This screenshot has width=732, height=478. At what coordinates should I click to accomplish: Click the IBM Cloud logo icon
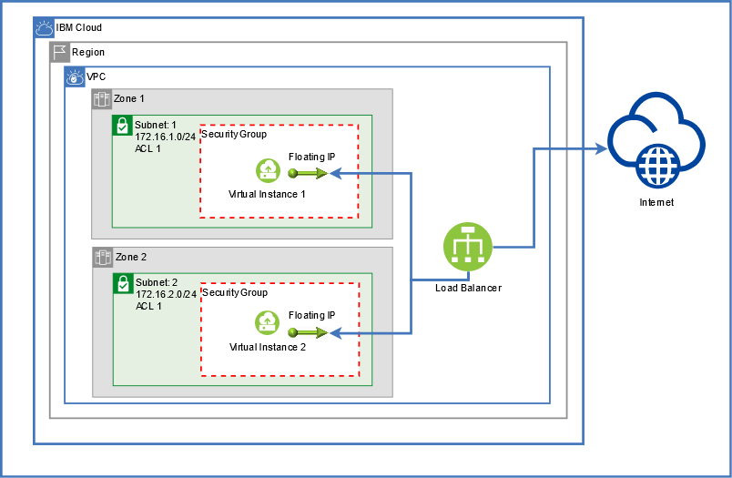click(45, 28)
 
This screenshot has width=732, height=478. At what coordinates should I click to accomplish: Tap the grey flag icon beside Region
click(60, 52)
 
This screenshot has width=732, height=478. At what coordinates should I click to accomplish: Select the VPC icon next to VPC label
click(75, 77)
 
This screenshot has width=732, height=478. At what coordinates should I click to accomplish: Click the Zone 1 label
click(129, 98)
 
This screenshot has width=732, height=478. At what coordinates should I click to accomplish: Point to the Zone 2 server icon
click(103, 257)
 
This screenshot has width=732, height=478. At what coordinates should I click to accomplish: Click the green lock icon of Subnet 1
click(122, 125)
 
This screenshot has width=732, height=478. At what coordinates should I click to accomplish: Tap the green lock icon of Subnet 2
click(123, 283)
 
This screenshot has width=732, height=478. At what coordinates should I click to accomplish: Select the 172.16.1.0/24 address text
click(166, 137)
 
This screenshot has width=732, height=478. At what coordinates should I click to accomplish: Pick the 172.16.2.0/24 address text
click(167, 295)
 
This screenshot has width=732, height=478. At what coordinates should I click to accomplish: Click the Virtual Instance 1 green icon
click(268, 170)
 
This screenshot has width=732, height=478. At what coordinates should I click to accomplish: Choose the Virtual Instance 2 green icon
click(268, 322)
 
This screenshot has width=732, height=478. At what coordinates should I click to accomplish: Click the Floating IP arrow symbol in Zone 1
click(308, 174)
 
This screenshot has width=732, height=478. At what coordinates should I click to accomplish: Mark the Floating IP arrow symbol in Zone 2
click(308, 332)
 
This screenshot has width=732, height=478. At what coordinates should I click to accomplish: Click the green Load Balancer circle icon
click(468, 247)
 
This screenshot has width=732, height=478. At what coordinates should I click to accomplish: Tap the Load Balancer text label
click(468, 288)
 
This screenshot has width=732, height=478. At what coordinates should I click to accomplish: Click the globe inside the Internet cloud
click(658, 165)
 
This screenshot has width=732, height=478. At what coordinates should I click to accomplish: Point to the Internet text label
click(656, 202)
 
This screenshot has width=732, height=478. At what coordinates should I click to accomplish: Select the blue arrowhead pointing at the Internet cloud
click(601, 149)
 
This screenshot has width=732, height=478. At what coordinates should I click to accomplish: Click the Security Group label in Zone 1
click(234, 135)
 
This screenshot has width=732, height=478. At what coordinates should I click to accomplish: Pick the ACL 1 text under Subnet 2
click(148, 306)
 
